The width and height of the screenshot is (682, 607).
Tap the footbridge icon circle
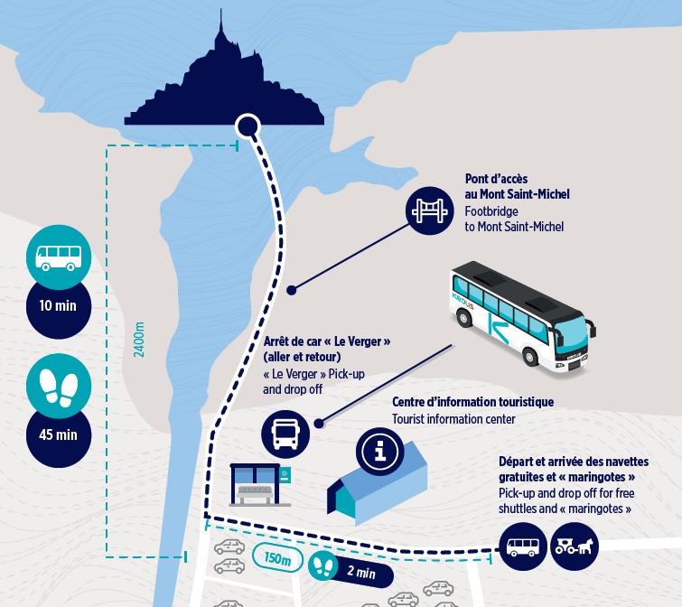point(430,210)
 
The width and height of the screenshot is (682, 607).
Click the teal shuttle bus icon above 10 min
point(59,257)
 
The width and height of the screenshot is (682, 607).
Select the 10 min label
point(59,306)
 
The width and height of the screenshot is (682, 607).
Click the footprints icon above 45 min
point(59,386)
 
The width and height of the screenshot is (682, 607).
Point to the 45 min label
point(59,434)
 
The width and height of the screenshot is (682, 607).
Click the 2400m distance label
point(139,340)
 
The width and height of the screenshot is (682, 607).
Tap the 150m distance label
point(277,557)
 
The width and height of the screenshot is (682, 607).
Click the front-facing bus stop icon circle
point(285,434)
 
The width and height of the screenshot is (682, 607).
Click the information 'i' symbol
point(379,451)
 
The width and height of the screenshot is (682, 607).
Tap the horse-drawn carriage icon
point(575,546)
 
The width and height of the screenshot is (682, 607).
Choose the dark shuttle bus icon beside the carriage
point(523,546)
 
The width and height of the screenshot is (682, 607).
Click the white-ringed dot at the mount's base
point(248,127)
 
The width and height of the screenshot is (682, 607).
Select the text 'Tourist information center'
point(453,419)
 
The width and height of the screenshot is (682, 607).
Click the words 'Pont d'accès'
point(496,179)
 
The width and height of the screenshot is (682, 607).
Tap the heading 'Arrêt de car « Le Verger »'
point(327,341)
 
